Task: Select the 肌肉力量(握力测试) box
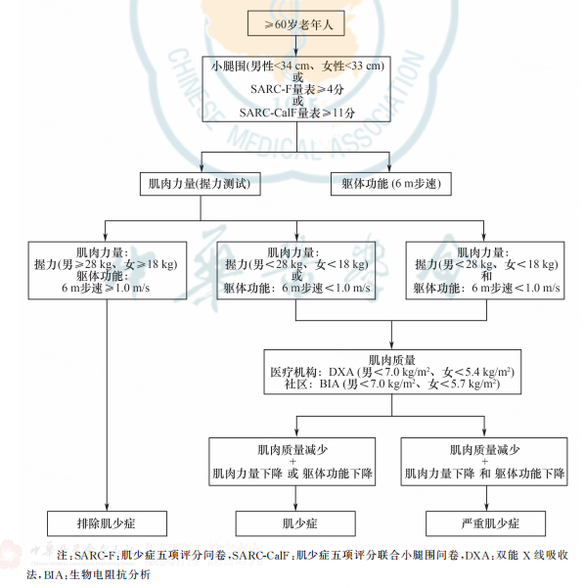pos(202,182)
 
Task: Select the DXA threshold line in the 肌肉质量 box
pos(393,373)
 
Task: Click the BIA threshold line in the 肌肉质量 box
pos(393,386)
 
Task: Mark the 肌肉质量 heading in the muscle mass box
pos(393,359)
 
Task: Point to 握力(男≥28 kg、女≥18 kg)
pos(107,264)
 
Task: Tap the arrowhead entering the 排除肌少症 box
pos(107,505)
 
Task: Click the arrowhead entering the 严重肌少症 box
pos(484,505)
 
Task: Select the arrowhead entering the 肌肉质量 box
pos(393,344)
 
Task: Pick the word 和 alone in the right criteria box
pos(484,277)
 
